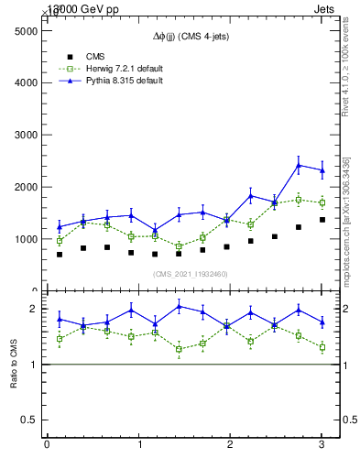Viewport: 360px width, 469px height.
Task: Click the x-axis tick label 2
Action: click(230, 445)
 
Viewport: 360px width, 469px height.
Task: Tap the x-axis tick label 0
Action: click(47, 445)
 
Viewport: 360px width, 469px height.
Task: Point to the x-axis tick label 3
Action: click(322, 445)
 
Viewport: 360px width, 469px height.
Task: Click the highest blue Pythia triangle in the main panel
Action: click(299, 166)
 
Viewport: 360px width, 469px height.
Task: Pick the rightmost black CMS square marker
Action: click(322, 220)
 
